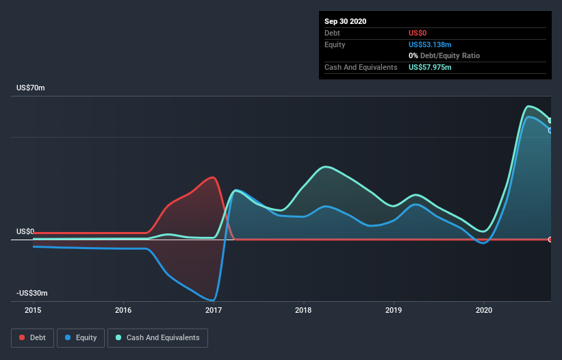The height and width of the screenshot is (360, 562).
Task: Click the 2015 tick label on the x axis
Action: [x=33, y=310]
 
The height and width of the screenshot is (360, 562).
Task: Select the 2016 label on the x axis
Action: [x=123, y=310]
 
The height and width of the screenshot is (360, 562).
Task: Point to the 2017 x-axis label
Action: [x=214, y=310]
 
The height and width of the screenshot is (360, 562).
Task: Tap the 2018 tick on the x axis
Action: [x=303, y=310]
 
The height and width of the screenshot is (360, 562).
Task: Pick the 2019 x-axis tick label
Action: [x=394, y=310]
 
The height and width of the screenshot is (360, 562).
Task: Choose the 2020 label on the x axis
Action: [x=484, y=310]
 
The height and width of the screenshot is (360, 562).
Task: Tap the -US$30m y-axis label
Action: [x=32, y=294]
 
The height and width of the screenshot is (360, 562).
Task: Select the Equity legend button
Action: [x=81, y=337]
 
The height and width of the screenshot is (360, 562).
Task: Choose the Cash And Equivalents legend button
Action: [x=157, y=337]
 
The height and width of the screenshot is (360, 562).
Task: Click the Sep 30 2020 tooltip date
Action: [x=346, y=21]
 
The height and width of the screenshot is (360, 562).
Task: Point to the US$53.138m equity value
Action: [x=430, y=44]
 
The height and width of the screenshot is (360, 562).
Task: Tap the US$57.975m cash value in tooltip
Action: [x=430, y=67]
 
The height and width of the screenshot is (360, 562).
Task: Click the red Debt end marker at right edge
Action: [x=550, y=240]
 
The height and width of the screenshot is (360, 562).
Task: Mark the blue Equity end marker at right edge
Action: [x=550, y=130]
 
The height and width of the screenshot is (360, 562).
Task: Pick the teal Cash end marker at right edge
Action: [x=550, y=120]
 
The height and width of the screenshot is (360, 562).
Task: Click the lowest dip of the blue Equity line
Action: [x=213, y=300]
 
